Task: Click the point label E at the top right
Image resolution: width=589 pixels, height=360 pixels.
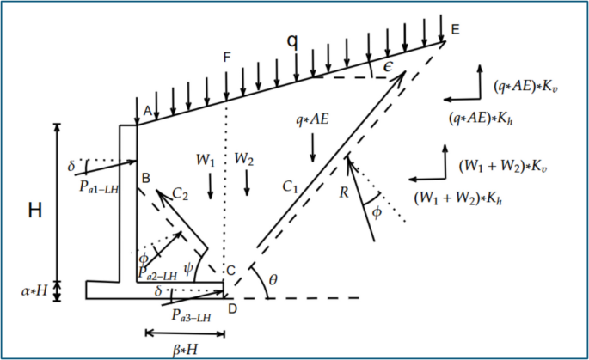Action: (455, 29)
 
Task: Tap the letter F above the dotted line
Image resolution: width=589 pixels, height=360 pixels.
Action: (226, 58)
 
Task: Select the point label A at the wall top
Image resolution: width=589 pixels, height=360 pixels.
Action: (147, 110)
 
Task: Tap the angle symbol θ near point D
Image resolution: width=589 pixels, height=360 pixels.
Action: (273, 280)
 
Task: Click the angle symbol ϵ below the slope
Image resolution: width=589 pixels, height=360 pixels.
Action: (376, 67)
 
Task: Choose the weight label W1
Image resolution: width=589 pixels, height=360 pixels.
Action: (204, 160)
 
